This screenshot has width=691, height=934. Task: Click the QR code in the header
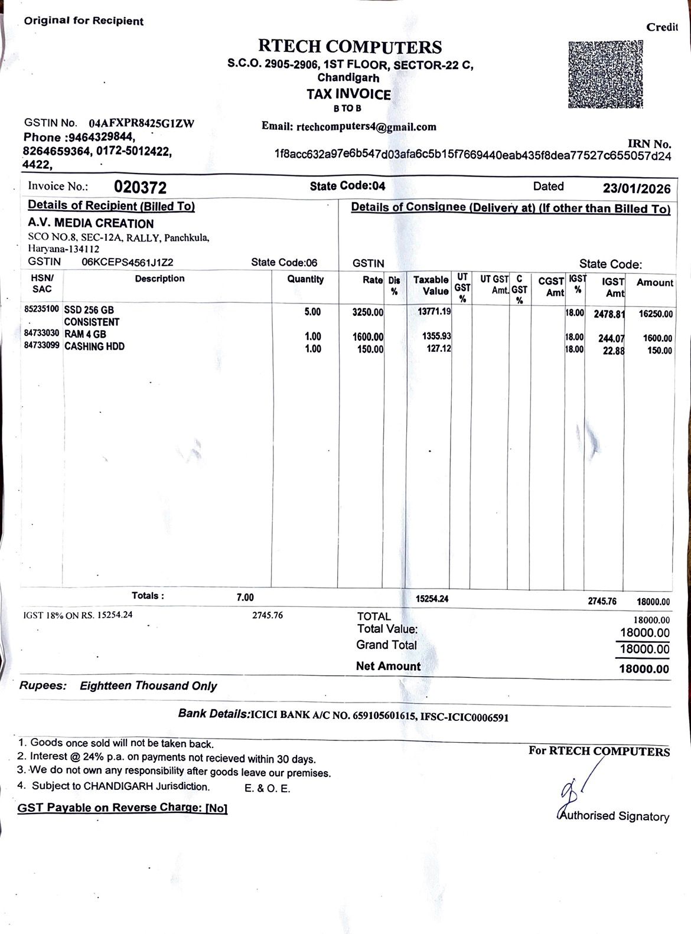pyautogui.click(x=605, y=75)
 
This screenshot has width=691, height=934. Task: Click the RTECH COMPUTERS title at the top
pyautogui.click(x=350, y=47)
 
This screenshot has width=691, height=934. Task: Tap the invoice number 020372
pyautogui.click(x=140, y=188)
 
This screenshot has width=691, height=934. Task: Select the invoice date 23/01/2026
pyautogui.click(x=637, y=188)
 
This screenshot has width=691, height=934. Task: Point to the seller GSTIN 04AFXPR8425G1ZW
pyautogui.click(x=141, y=123)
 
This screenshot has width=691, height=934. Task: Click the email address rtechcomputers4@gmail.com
pyautogui.click(x=366, y=126)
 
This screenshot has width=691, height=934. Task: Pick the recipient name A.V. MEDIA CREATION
pyautogui.click(x=90, y=224)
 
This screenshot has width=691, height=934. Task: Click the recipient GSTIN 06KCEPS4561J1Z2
pyautogui.click(x=127, y=263)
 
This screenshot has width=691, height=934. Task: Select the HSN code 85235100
pyautogui.click(x=41, y=309)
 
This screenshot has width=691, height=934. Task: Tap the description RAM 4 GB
pyautogui.click(x=85, y=334)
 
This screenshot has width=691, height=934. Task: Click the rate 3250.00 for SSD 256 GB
pyautogui.click(x=367, y=312)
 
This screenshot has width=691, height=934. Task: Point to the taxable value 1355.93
pyautogui.click(x=436, y=336)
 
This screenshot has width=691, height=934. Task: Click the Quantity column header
pyautogui.click(x=305, y=279)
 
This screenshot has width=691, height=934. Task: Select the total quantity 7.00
pyautogui.click(x=245, y=597)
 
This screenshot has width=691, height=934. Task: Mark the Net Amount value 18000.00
pyautogui.click(x=644, y=669)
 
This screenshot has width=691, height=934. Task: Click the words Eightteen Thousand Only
pyautogui.click(x=148, y=686)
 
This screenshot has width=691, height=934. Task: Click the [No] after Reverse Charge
pyautogui.click(x=216, y=808)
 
